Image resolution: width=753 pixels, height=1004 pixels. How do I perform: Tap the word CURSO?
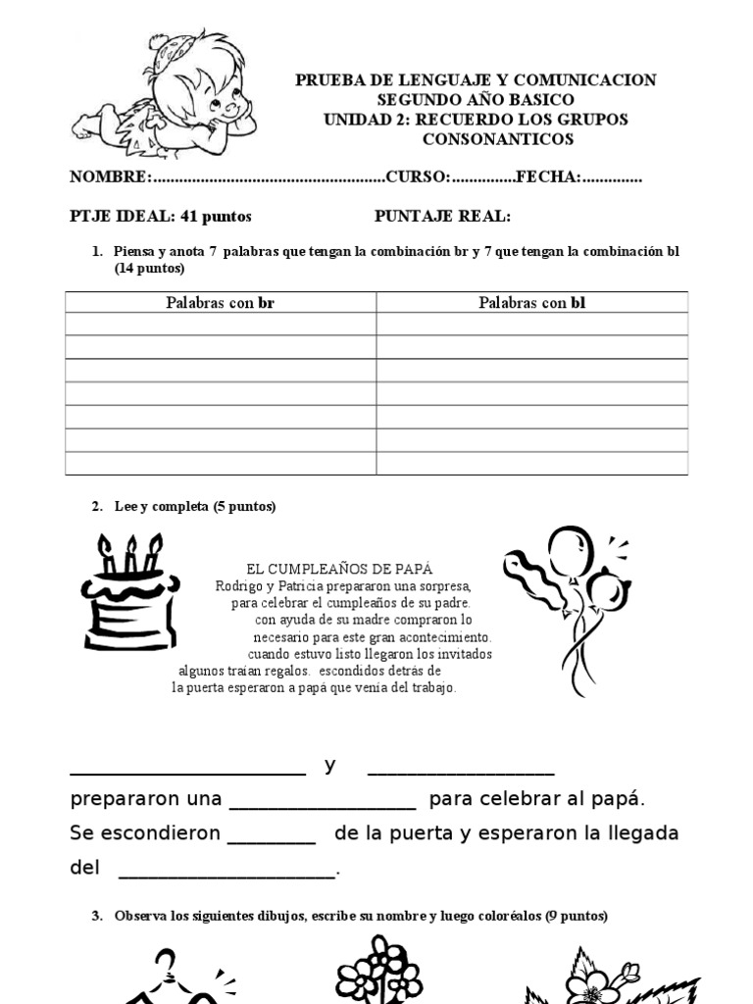(416, 177)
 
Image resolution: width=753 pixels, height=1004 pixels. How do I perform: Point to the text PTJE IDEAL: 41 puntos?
(160, 216)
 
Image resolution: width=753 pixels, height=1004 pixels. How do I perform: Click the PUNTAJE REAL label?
(442, 216)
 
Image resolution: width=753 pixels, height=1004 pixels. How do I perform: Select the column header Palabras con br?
(220, 303)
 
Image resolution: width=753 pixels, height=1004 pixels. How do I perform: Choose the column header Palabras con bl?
(531, 303)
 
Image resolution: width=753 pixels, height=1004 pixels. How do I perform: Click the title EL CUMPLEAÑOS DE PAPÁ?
(339, 569)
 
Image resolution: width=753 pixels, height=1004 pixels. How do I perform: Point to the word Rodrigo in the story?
(239, 586)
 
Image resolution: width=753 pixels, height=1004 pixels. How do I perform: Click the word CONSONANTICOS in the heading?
(497, 139)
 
